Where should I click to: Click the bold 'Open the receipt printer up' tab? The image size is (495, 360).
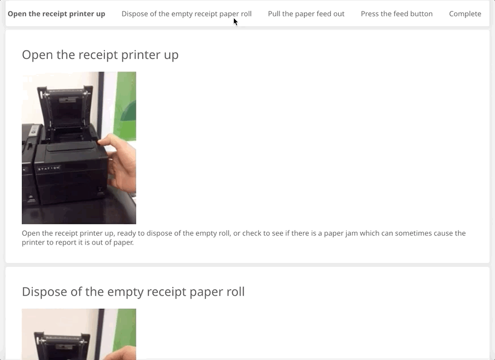[x=57, y=14]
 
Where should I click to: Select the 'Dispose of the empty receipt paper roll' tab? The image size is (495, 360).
[x=187, y=14]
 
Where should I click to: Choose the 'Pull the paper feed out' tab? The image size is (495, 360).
[x=306, y=14]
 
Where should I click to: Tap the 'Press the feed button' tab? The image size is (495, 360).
[x=397, y=14]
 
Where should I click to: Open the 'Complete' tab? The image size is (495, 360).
[x=465, y=14]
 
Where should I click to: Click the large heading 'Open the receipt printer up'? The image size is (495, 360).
[x=100, y=55]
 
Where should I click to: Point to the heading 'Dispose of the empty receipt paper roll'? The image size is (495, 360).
[x=133, y=291]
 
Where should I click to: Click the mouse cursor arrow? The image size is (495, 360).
[x=236, y=22]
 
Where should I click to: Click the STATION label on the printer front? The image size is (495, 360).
[x=49, y=168]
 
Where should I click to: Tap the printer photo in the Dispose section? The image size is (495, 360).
[x=79, y=334]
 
